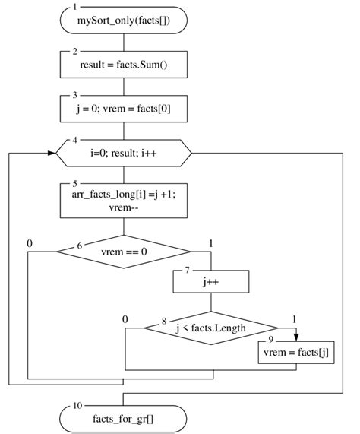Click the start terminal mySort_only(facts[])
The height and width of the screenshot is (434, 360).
click(x=123, y=21)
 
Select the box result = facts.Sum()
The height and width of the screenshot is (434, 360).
click(x=123, y=65)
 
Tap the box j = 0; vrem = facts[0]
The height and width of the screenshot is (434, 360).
click(x=123, y=109)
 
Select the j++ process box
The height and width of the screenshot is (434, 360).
click(x=211, y=282)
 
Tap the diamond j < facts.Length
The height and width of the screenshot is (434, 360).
click(x=211, y=328)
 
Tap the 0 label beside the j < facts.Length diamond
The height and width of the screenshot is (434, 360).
click(x=125, y=320)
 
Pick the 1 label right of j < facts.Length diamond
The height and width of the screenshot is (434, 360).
click(x=296, y=320)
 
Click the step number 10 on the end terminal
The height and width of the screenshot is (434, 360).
click(x=77, y=406)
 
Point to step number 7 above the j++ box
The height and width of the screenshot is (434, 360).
click(x=188, y=271)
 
